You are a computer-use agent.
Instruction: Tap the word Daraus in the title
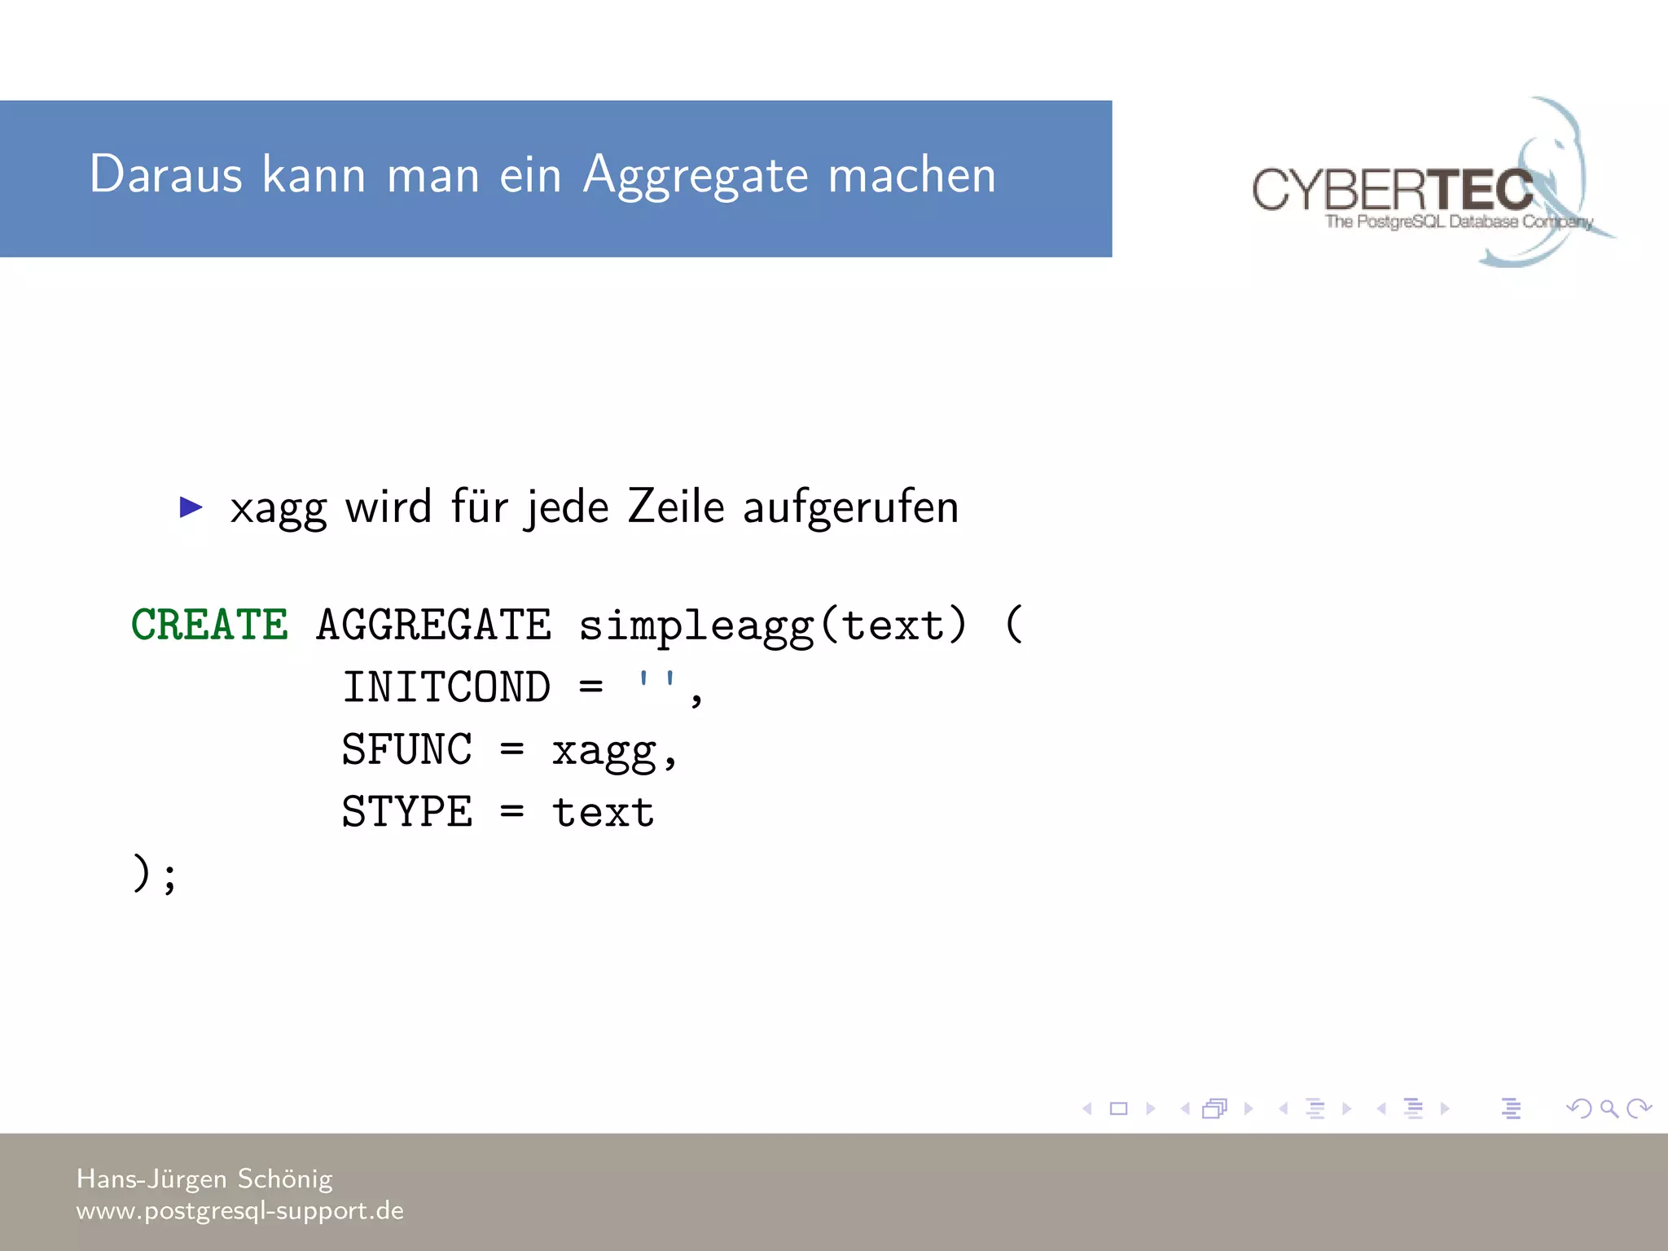[166, 174]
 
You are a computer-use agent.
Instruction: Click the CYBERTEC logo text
[1392, 189]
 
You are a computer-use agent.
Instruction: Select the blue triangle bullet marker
[191, 507]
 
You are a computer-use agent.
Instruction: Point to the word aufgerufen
[850, 508]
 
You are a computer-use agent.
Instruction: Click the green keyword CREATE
[209, 625]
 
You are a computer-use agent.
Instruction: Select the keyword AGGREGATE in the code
[433, 625]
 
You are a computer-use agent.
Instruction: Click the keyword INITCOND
[446, 687]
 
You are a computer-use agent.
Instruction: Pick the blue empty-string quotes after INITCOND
[656, 681]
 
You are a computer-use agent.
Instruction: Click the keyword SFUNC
[406, 749]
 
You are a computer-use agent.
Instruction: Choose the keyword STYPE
[406, 812]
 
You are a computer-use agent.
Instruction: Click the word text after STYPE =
[604, 812]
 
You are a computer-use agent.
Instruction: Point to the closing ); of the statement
[154, 874]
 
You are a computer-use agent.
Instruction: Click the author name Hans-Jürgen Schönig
[204, 1179]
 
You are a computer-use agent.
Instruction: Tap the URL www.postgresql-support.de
[240, 1211]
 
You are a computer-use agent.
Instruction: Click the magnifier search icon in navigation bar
[1609, 1108]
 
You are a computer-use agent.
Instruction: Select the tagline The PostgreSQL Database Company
[1458, 222]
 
